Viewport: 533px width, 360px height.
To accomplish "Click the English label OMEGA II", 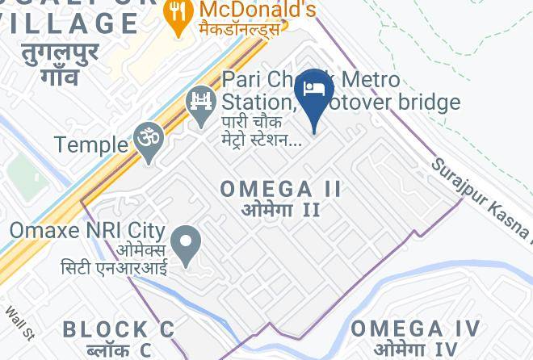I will (281, 189).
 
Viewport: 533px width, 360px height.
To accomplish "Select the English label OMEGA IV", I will (415, 329).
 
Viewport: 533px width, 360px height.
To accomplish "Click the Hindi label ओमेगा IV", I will (416, 350).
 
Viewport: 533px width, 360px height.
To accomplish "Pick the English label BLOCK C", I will (119, 329).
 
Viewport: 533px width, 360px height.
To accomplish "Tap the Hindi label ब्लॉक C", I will (119, 350).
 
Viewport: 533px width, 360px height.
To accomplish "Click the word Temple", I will (91, 145).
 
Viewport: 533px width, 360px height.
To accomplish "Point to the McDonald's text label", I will (257, 10).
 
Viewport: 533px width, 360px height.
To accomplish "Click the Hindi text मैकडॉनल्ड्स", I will (240, 30).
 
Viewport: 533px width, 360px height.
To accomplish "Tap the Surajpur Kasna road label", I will (481, 198).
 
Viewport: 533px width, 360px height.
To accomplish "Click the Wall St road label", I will (19, 321).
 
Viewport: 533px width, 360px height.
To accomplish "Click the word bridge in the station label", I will (420, 102).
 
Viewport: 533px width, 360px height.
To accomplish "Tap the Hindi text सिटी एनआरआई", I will (114, 267).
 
